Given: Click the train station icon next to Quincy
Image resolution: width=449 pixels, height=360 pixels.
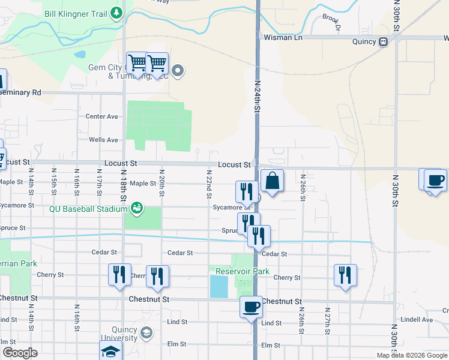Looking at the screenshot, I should click(x=382, y=41).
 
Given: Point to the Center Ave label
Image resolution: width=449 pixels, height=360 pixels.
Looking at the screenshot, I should click(x=102, y=116).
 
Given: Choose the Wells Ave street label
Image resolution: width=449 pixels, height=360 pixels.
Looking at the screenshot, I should click(x=103, y=140).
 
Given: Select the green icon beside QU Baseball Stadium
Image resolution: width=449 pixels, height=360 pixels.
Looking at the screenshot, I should click(x=137, y=208).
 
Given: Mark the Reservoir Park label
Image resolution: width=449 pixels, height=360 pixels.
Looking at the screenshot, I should click(x=243, y=271).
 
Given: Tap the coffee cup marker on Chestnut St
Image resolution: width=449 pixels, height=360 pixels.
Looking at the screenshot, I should click(x=251, y=307).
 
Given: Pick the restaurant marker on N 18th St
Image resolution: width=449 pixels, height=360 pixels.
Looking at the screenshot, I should click(x=119, y=274).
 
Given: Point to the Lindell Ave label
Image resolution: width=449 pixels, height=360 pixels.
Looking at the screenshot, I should click(x=418, y=320).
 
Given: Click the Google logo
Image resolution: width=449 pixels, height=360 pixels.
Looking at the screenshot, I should click(x=20, y=353).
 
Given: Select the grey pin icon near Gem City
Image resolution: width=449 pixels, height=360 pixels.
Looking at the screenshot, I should click(x=178, y=71).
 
